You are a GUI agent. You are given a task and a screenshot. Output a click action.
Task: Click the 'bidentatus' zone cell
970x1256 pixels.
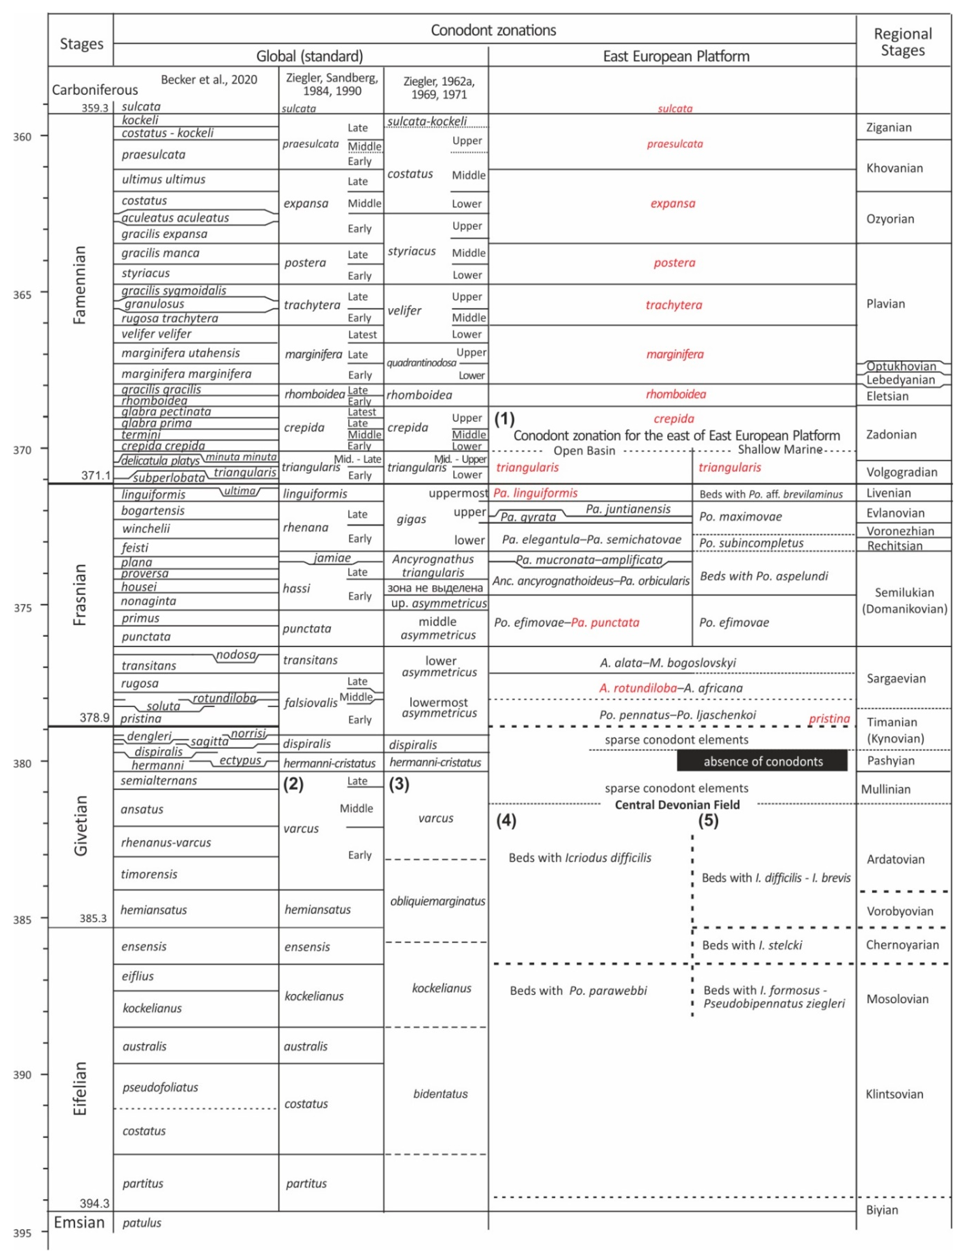point(440,1094)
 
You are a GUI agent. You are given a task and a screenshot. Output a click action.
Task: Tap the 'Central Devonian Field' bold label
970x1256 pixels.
point(677,805)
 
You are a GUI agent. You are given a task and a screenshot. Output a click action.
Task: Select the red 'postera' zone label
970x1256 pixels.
point(674,263)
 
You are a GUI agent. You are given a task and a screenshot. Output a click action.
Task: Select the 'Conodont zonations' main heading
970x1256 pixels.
point(493,30)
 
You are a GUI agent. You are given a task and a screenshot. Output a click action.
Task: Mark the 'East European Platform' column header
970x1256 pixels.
point(676,56)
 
